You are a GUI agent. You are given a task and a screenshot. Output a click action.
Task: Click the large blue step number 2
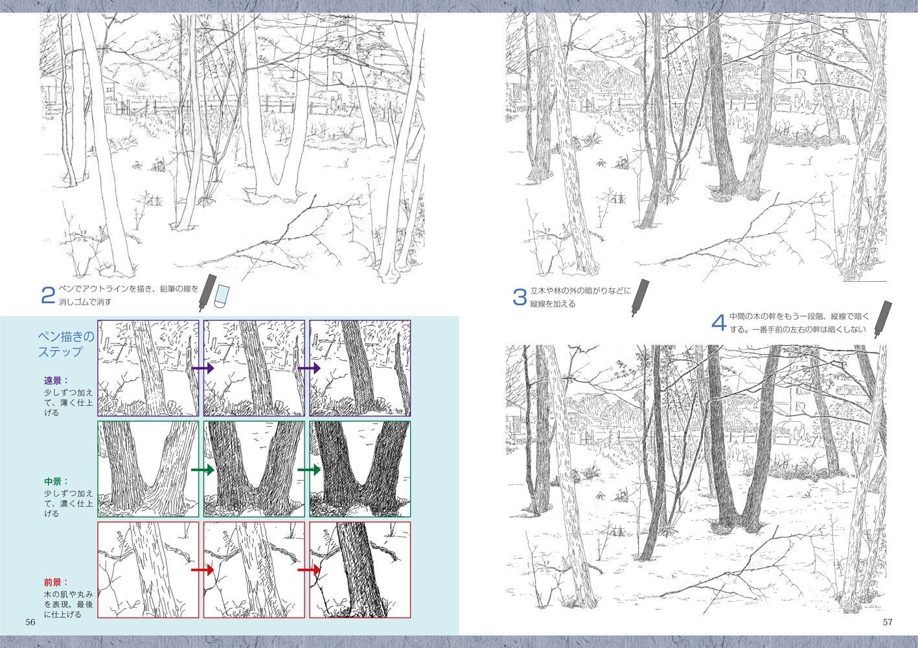[48, 295]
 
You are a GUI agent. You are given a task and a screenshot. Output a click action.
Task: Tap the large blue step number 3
[520, 297]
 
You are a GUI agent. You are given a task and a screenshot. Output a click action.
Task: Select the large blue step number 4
[719, 323]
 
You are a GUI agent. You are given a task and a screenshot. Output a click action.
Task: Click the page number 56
[30, 622]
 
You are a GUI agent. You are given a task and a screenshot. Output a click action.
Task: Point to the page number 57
[888, 622]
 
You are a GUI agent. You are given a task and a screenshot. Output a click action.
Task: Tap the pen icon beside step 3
[639, 297]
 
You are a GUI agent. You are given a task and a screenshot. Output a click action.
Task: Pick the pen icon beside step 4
[883, 319]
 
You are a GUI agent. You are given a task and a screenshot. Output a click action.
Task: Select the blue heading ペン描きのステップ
[65, 344]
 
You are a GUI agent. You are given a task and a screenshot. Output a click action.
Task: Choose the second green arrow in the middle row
[309, 470]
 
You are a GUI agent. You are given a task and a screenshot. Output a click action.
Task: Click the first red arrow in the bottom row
[203, 570]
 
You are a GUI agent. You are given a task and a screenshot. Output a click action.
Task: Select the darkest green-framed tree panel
[360, 469]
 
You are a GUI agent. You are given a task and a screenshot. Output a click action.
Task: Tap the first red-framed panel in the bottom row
[148, 570]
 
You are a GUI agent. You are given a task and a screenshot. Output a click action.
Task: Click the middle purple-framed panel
[254, 368]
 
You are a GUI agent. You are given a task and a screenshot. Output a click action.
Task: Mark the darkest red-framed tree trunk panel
[360, 570]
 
